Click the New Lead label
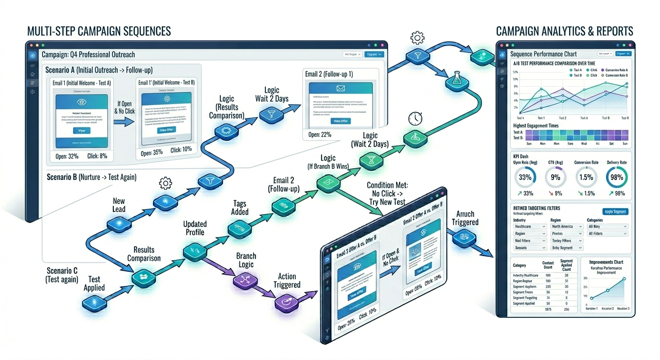click(119, 205)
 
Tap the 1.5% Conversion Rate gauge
click(586, 178)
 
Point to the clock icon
click(415, 118)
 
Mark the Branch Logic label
click(246, 260)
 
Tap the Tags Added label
click(240, 208)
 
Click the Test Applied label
click(94, 283)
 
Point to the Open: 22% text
click(320, 135)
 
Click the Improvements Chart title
click(606, 262)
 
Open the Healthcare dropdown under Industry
click(530, 226)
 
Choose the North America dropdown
click(567, 226)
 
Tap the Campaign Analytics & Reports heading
click(564, 31)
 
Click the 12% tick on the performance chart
click(515, 72)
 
